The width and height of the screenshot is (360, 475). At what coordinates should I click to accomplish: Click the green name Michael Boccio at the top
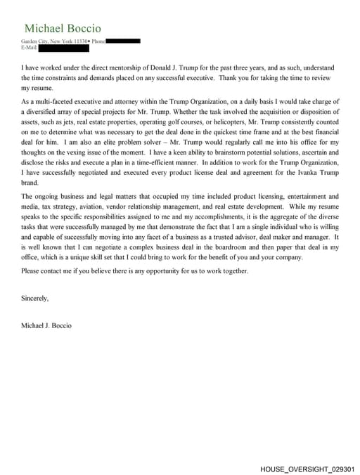[63, 28]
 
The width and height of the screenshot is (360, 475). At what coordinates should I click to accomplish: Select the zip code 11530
[82, 41]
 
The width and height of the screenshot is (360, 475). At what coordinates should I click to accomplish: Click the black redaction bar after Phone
[124, 41]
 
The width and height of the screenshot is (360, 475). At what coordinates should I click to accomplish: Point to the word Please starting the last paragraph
[32, 271]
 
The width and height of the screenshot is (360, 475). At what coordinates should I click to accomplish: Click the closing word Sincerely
[35, 298]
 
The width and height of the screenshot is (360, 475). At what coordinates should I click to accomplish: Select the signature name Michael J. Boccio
[46, 325]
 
